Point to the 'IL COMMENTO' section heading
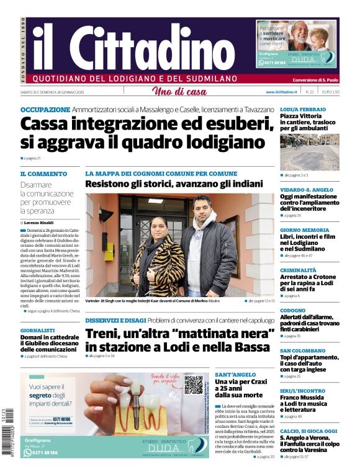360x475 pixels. click(x=43, y=174)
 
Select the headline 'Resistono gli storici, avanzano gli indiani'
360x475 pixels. click(x=173, y=184)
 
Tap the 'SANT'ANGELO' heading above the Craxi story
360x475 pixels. click(x=235, y=375)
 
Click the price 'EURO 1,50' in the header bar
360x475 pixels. click(x=331, y=92)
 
